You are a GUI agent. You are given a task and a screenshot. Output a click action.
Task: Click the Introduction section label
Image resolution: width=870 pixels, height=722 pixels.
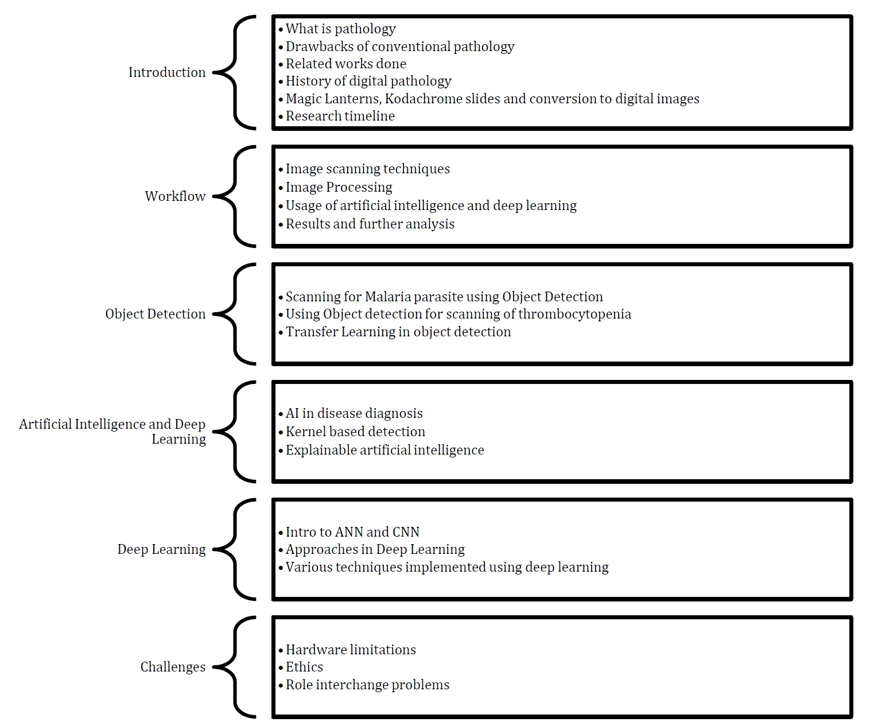click(166, 72)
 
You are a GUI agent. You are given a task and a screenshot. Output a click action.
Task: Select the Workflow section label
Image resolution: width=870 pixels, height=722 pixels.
click(175, 196)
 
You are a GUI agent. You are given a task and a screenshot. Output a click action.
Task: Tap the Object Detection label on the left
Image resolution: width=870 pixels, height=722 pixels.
click(156, 314)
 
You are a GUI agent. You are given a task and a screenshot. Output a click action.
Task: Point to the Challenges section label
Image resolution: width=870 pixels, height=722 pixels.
click(173, 667)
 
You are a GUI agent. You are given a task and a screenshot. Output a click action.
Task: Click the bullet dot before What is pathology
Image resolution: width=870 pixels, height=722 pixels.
click(281, 30)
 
